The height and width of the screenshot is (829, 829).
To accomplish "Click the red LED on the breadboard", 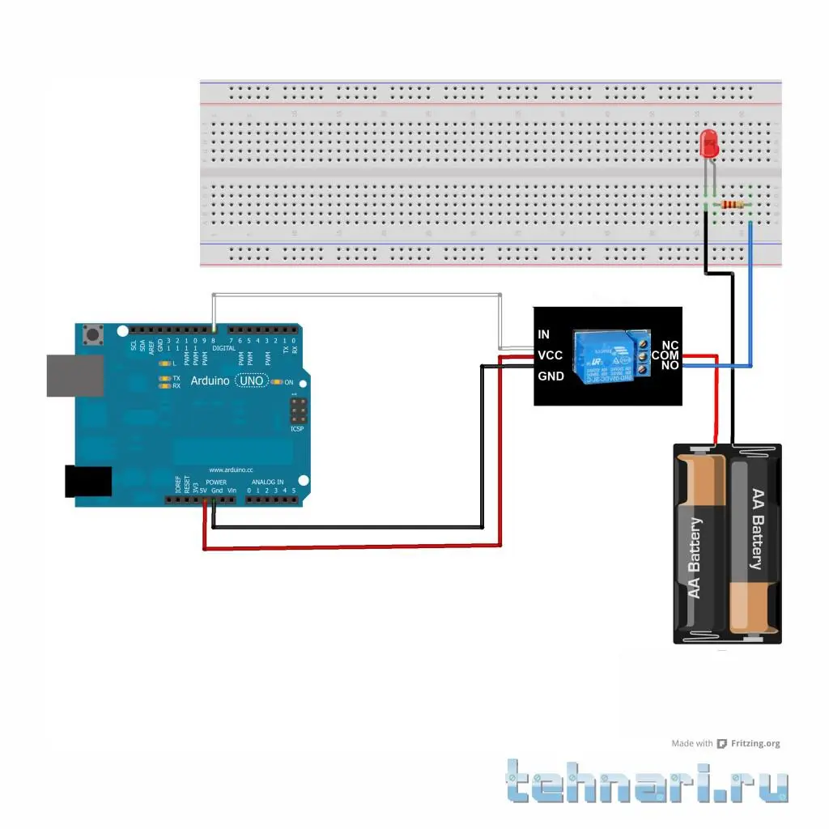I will (709, 144).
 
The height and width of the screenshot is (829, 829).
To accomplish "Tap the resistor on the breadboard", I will (733, 206).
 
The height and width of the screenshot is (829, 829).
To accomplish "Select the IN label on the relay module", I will (543, 334).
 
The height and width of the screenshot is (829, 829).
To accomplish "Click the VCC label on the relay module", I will (550, 355).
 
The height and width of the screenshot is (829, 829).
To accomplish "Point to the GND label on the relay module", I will (551, 376).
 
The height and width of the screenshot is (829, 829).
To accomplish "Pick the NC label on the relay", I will (670, 345).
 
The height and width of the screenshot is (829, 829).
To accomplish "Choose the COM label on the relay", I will (665, 355).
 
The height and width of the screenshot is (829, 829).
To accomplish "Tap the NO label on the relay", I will (670, 366).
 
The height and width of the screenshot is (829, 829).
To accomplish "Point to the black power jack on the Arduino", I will (88, 480).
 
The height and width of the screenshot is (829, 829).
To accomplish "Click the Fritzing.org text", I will (755, 743).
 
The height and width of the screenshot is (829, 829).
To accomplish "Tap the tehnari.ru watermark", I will (648, 782).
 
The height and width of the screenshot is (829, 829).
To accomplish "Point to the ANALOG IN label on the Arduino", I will (267, 482).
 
